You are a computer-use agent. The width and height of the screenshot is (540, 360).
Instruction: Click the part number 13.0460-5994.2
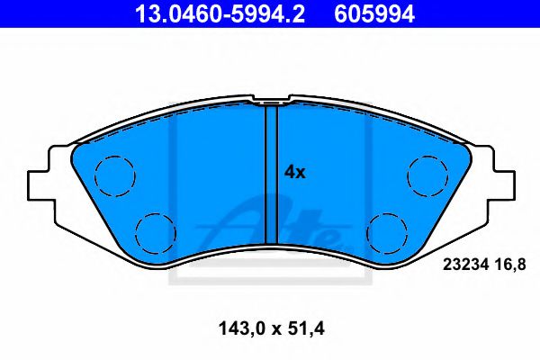click(193, 14)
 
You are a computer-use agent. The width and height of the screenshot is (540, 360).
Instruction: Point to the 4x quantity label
click(294, 172)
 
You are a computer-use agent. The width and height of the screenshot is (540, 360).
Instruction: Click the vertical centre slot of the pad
click(270, 180)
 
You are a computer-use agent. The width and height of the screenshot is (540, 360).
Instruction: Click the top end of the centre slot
click(270, 107)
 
